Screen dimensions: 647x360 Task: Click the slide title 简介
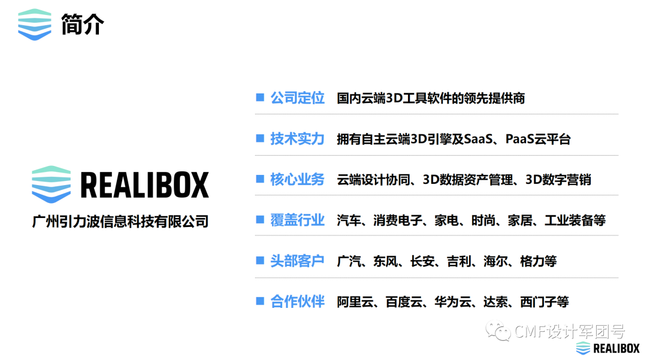tap(83, 25)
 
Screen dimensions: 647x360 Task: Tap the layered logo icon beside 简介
tap(35, 25)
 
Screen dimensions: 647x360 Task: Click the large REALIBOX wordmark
tap(144, 185)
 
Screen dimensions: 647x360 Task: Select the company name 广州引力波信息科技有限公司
tap(120, 221)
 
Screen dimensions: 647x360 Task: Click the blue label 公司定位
tap(297, 98)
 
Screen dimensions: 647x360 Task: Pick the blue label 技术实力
tap(297, 139)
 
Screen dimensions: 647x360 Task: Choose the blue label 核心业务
tap(297, 179)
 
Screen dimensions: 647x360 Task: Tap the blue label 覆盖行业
tap(297, 220)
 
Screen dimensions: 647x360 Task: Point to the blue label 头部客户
tap(297, 261)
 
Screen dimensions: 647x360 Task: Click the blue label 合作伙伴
tap(297, 301)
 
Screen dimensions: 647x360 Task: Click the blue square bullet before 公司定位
tap(260, 97)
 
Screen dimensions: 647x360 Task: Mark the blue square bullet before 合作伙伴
tap(260, 301)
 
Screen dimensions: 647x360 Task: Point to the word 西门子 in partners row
tap(539, 301)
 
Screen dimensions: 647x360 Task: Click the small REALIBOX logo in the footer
tap(607, 348)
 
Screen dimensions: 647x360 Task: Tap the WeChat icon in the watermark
tap(494, 331)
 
